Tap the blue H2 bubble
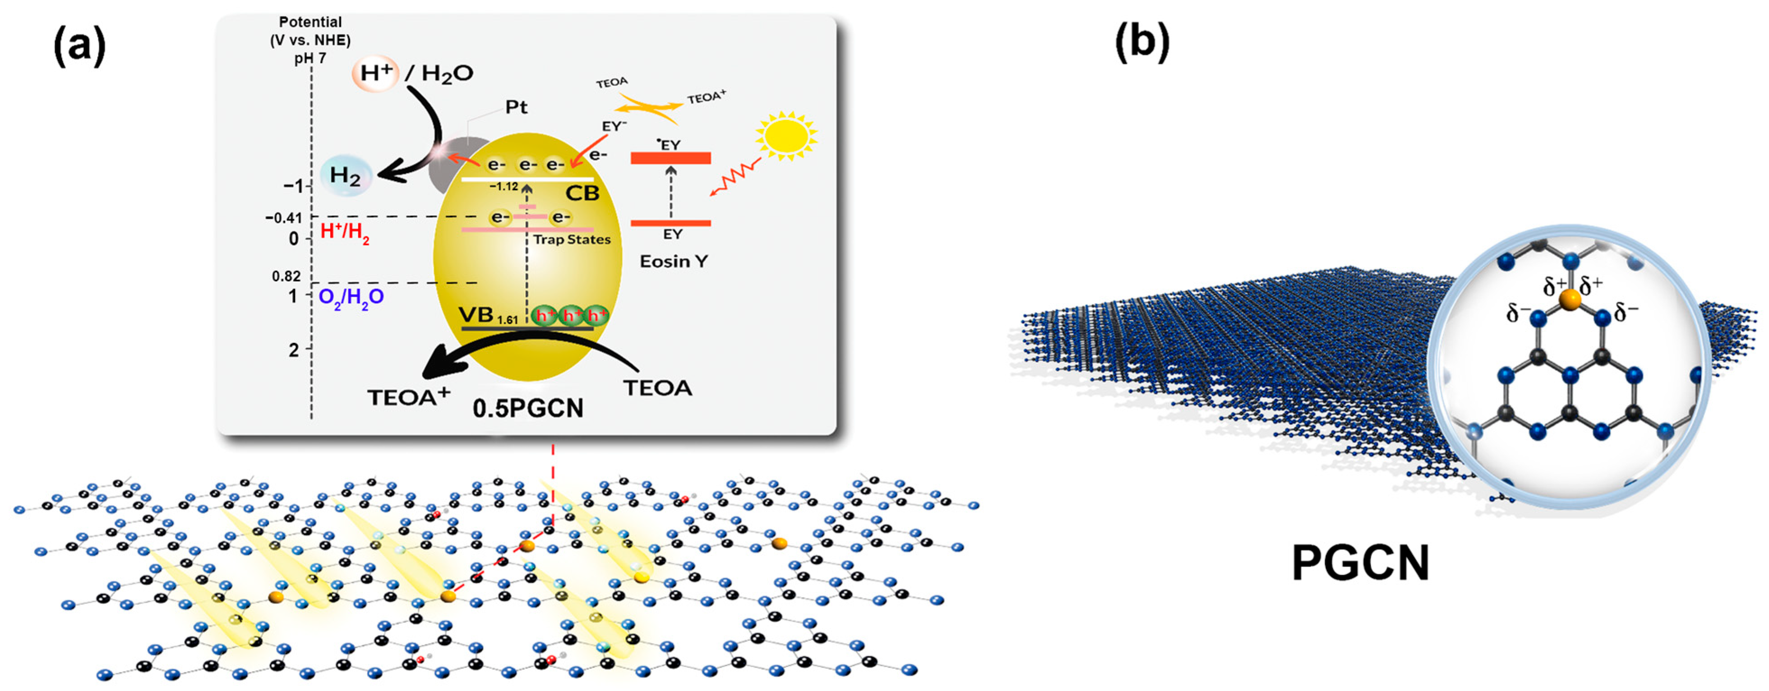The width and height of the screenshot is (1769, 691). click(x=346, y=176)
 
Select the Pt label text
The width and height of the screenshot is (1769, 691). click(x=517, y=107)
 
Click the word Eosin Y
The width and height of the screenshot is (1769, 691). click(x=673, y=261)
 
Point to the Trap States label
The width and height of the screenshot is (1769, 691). click(x=572, y=240)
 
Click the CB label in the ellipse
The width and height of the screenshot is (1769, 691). click(x=582, y=193)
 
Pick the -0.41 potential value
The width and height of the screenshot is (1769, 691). click(x=284, y=218)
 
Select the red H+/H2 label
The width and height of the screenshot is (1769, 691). click(x=345, y=232)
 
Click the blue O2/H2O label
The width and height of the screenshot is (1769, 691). click(x=351, y=297)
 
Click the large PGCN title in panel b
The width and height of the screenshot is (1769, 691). click(x=1360, y=564)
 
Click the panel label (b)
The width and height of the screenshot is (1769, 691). click(x=1142, y=42)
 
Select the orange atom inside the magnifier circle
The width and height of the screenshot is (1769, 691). click(x=1569, y=300)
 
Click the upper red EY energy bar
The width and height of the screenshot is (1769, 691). click(x=670, y=159)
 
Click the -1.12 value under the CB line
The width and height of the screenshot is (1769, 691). click(x=503, y=186)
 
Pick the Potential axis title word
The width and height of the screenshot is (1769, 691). click(x=310, y=22)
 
